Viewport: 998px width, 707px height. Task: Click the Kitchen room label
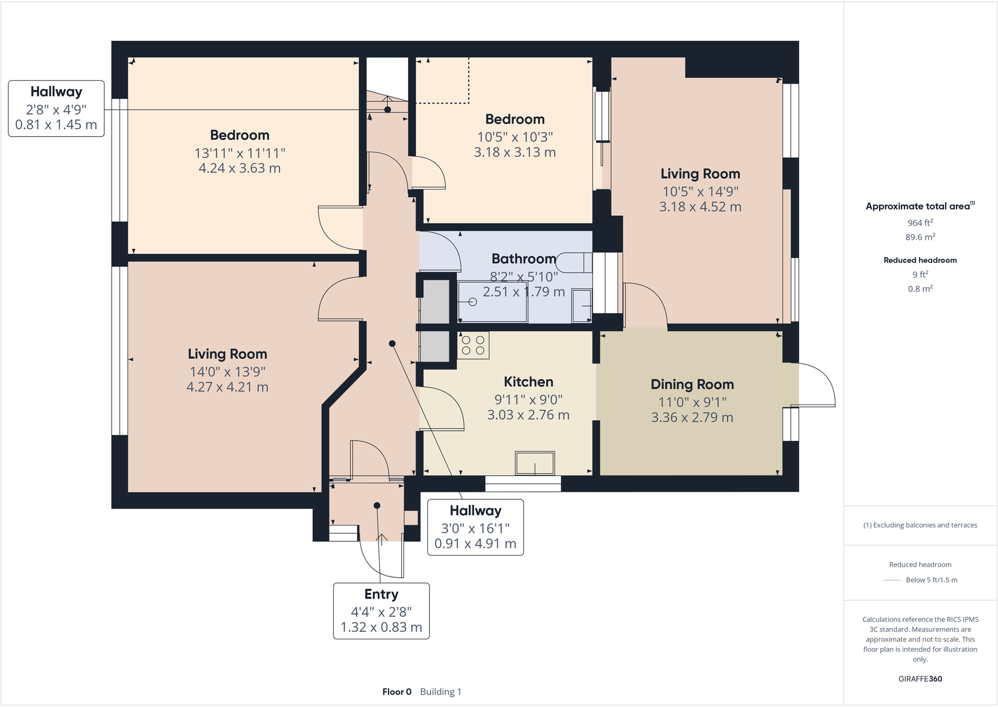point(529,382)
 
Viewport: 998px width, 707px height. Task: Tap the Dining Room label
point(692,385)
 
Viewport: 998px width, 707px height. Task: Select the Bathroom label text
point(523,259)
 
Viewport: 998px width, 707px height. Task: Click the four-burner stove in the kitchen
point(473,345)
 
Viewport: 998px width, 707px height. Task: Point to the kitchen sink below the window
point(535,464)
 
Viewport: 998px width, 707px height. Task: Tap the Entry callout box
point(381,610)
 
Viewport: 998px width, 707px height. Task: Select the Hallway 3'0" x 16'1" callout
point(475,527)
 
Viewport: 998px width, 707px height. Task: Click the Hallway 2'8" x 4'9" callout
point(56,108)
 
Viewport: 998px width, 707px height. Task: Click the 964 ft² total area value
point(920,223)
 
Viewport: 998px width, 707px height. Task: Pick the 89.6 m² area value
point(920,237)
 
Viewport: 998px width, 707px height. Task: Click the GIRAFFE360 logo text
point(920,679)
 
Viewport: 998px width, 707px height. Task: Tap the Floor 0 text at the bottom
point(397,692)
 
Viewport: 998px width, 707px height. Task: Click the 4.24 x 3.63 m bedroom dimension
point(239,168)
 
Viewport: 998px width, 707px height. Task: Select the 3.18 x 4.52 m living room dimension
point(700,207)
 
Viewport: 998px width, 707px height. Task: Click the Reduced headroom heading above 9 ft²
point(920,260)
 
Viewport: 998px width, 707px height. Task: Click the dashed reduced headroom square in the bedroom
point(443,80)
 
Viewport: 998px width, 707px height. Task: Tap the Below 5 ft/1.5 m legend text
point(931,580)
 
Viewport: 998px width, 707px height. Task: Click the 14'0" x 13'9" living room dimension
point(227,372)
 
